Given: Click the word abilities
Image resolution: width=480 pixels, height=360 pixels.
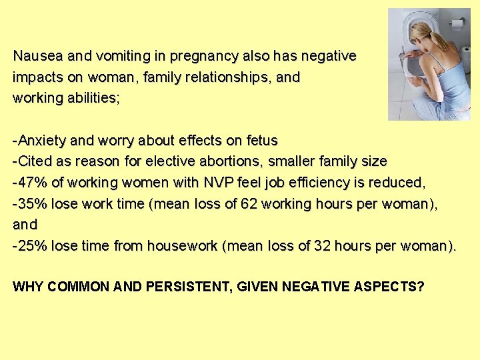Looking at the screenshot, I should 91,99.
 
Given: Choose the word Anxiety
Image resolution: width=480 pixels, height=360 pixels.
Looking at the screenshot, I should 43,141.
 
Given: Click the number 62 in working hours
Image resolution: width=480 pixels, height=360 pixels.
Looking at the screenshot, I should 249,204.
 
